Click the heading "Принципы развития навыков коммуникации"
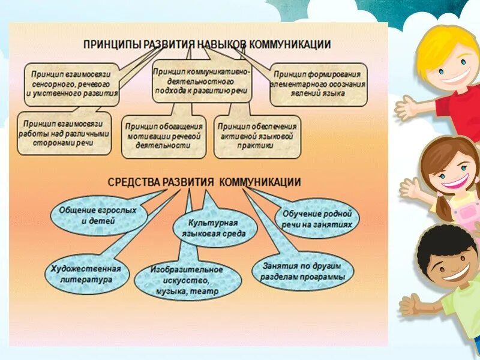click(207, 44)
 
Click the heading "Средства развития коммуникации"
click(205, 181)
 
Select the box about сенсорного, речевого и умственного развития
click(71, 84)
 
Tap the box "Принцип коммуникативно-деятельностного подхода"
click(202, 81)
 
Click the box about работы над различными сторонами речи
click(64, 134)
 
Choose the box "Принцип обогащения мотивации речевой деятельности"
click(163, 136)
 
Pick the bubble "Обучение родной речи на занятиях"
click(317, 219)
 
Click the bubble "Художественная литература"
click(86, 274)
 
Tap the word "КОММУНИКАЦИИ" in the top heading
click(287, 44)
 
